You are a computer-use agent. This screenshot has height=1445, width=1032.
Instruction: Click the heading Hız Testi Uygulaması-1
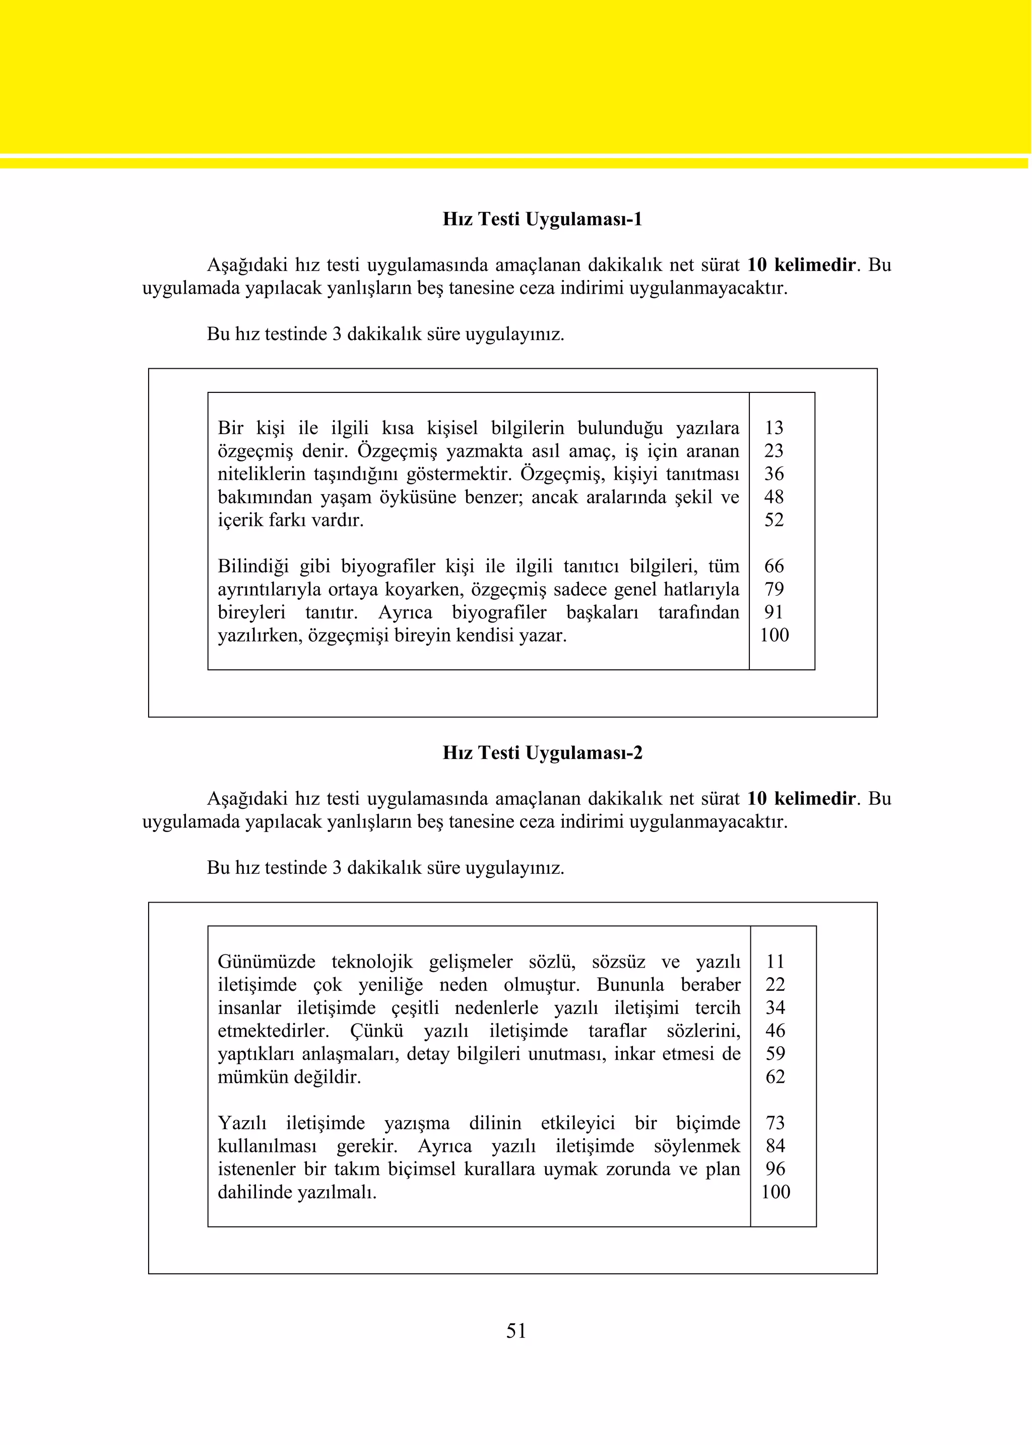point(542,219)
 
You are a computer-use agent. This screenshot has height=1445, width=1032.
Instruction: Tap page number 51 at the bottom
point(516,1330)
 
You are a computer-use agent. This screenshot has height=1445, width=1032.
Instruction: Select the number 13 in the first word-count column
point(773,428)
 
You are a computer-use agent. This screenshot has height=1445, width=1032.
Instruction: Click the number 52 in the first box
point(773,520)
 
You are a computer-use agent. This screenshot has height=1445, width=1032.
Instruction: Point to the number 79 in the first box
point(773,589)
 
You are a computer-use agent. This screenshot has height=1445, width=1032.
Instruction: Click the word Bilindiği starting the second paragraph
point(253,566)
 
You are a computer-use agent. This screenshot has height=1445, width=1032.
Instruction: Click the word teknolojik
point(372,961)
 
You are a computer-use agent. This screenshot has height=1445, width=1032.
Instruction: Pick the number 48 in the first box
point(773,497)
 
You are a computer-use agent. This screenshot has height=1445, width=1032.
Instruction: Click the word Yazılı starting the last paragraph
point(241,1123)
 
